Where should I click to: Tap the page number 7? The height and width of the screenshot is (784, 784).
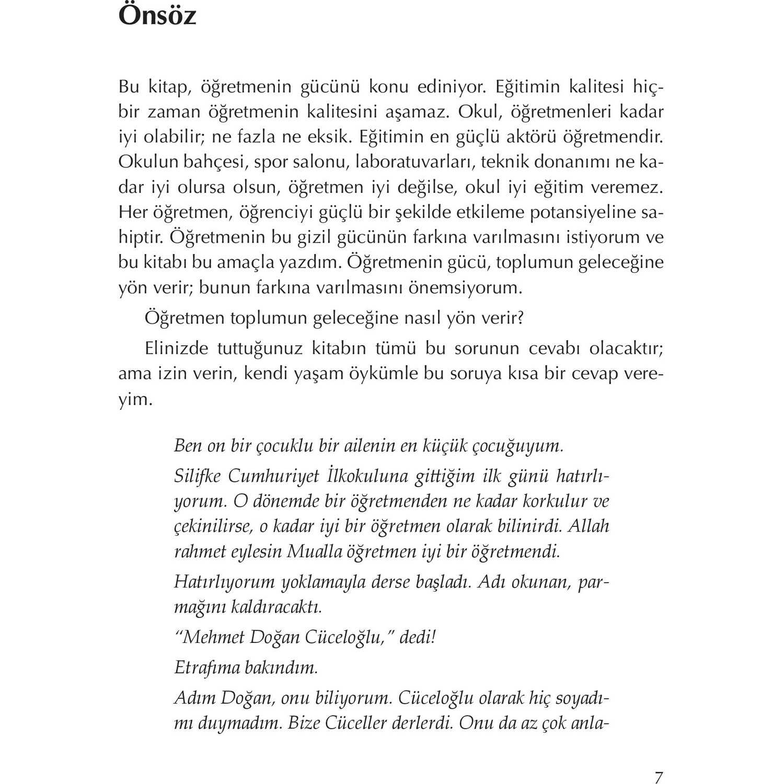click(659, 777)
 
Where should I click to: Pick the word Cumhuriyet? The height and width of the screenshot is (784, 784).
click(273, 476)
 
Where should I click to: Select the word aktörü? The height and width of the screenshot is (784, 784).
click(533, 137)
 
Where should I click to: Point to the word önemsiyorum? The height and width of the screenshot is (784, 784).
click(465, 288)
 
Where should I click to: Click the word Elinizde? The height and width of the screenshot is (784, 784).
click(177, 348)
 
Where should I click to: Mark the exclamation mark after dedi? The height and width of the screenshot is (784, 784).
click(432, 637)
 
